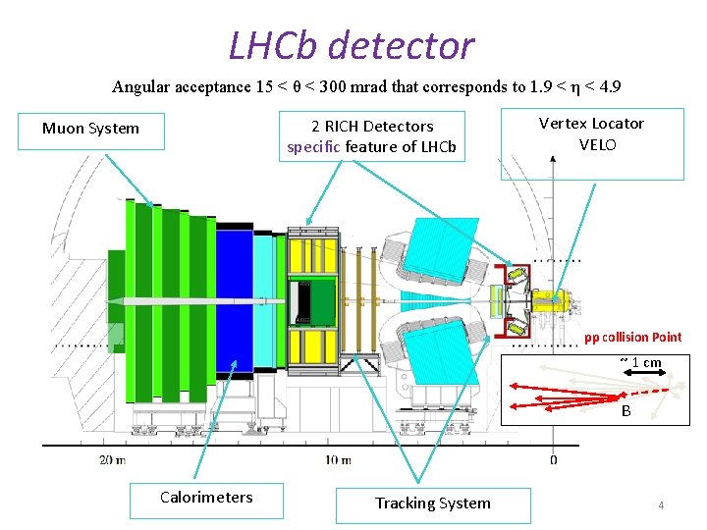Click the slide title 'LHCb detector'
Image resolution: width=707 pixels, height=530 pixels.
pos(351,45)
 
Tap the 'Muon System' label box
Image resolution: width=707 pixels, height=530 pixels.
pos(90,129)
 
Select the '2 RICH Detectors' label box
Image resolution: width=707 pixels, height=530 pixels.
pos(372,136)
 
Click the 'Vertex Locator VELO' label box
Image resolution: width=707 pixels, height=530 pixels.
pos(591,134)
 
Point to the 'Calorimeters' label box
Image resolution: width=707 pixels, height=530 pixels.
pos(206,498)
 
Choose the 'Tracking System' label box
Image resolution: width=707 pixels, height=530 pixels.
pos(432,503)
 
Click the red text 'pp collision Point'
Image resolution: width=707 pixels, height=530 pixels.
pos(632,338)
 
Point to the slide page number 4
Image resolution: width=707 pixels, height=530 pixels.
pos(661,505)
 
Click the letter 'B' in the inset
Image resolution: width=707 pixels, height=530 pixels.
pos(626,412)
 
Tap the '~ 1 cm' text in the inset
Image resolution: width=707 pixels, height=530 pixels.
pos(640,362)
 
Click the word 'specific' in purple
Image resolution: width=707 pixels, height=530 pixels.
pos(313,147)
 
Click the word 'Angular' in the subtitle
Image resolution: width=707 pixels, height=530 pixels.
pos(141,87)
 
